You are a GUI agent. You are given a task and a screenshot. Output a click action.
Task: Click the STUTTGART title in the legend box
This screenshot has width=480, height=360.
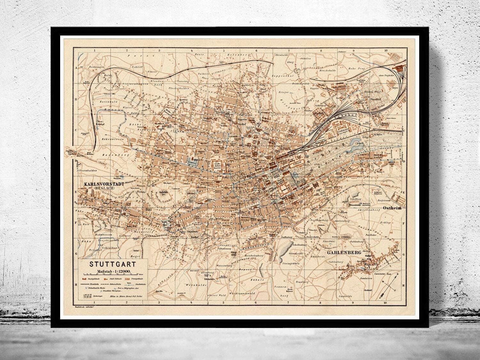click(112, 265)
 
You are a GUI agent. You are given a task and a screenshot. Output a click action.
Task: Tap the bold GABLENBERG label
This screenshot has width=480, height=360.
click(344, 252)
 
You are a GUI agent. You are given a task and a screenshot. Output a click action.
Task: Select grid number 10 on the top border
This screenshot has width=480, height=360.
click(386, 50)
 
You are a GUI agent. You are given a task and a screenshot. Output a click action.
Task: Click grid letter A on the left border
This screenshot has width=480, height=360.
click(76, 68)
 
